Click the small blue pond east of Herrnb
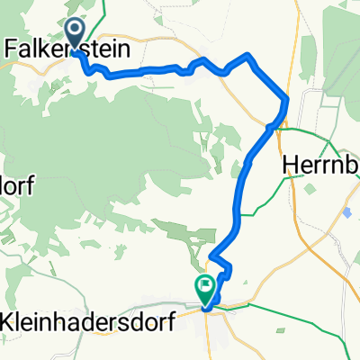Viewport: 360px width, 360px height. coord(347,212)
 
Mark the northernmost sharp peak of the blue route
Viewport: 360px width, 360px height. coord(248,56)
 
